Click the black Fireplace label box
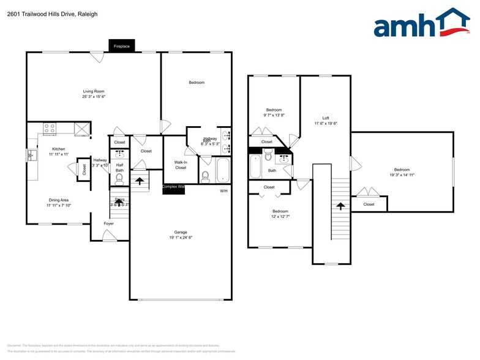(x=121, y=46)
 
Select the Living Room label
(x=94, y=91)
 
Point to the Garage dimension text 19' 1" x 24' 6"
(x=180, y=238)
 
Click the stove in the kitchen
(x=50, y=129)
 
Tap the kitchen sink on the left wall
(x=31, y=156)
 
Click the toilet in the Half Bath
(x=119, y=178)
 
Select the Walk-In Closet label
(x=181, y=165)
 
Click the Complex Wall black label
(x=173, y=187)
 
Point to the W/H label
(x=224, y=191)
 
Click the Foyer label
(x=108, y=223)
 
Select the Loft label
(x=326, y=118)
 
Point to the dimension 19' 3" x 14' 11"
(x=402, y=174)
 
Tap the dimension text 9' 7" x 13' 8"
(x=274, y=114)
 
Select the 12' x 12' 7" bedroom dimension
(x=281, y=216)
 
